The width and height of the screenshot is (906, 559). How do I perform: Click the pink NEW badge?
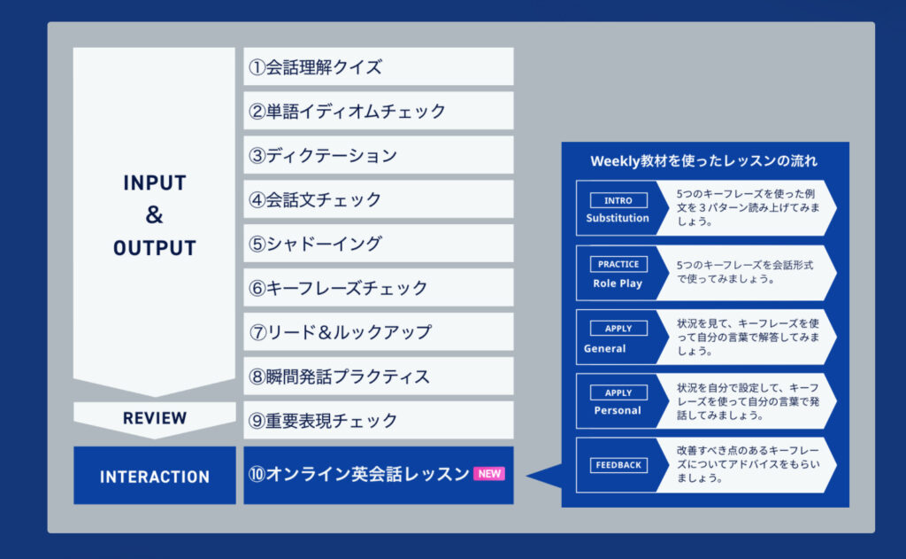pos(489,473)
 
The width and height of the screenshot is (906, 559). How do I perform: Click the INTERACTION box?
pos(155,475)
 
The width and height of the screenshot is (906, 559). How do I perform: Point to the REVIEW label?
pos(155,418)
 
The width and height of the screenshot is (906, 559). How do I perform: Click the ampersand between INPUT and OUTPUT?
pos(154,214)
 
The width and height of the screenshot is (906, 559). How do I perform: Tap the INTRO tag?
pos(618,200)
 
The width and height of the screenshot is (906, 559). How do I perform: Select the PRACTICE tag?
pos(618,264)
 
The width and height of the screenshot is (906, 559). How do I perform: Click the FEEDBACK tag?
pos(618,465)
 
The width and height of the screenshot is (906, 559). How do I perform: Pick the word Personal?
pos(617,410)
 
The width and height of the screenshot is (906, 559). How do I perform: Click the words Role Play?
pos(617,283)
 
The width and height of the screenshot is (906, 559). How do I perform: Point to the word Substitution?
pos(617,218)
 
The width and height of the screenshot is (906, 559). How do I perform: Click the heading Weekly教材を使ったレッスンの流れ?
pos(703,161)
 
